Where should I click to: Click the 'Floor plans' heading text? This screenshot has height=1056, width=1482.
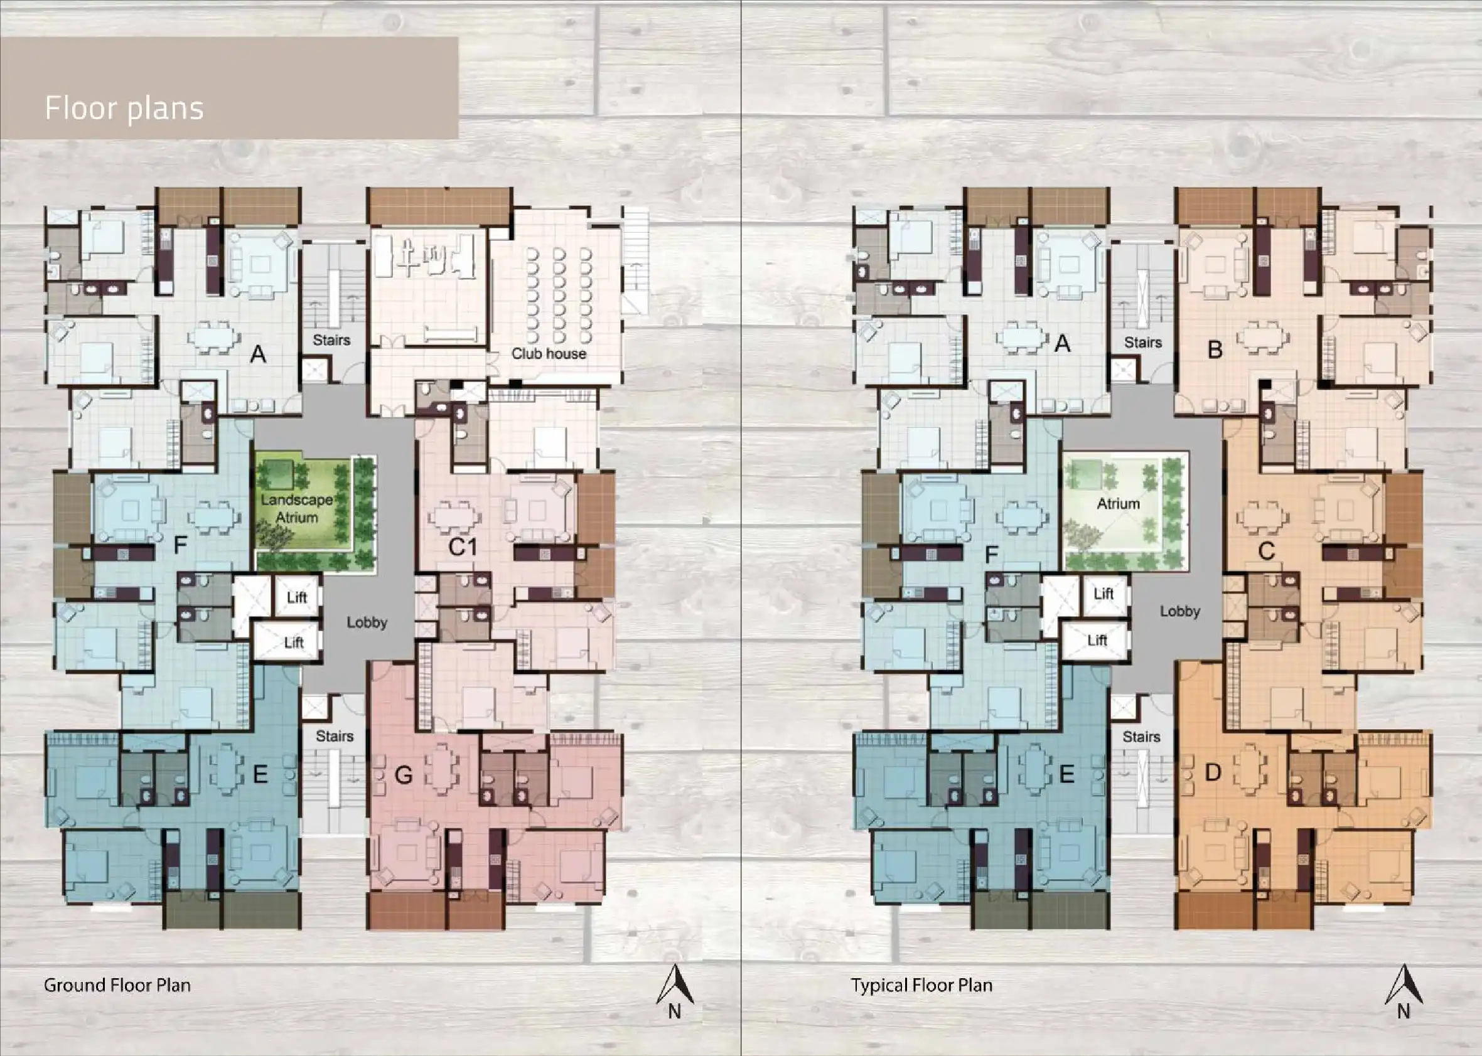pos(124,109)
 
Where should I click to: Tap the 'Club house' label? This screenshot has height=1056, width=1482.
pos(549,354)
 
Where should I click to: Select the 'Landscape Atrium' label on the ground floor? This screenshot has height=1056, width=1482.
pos(297,508)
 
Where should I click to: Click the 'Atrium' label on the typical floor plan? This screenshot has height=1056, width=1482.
pos(1119,503)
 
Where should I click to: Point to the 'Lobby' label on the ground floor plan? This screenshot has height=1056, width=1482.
pos(367,622)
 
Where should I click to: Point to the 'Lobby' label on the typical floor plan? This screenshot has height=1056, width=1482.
pos(1179,611)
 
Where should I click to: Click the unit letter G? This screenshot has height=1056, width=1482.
pos(404,774)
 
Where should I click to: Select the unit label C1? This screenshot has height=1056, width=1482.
pos(463,548)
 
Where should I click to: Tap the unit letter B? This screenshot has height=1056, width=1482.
pos(1215,350)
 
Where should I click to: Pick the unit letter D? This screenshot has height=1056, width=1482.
pos(1213,772)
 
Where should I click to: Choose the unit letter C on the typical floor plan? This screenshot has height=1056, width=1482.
pos(1266,552)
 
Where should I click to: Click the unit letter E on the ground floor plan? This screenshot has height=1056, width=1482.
pos(260,774)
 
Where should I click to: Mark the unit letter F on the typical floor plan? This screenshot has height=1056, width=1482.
pos(992,555)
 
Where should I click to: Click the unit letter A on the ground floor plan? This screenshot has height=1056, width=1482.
pos(258,355)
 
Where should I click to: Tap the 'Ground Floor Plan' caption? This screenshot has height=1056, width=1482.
pos(117,985)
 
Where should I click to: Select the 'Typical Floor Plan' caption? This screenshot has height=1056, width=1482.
pos(922,985)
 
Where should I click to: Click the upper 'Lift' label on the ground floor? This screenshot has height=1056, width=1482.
pos(297,597)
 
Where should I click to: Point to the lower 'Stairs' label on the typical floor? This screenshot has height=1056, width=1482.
pos(1141,737)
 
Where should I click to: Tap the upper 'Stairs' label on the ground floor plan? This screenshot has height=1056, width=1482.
pos(331,340)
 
